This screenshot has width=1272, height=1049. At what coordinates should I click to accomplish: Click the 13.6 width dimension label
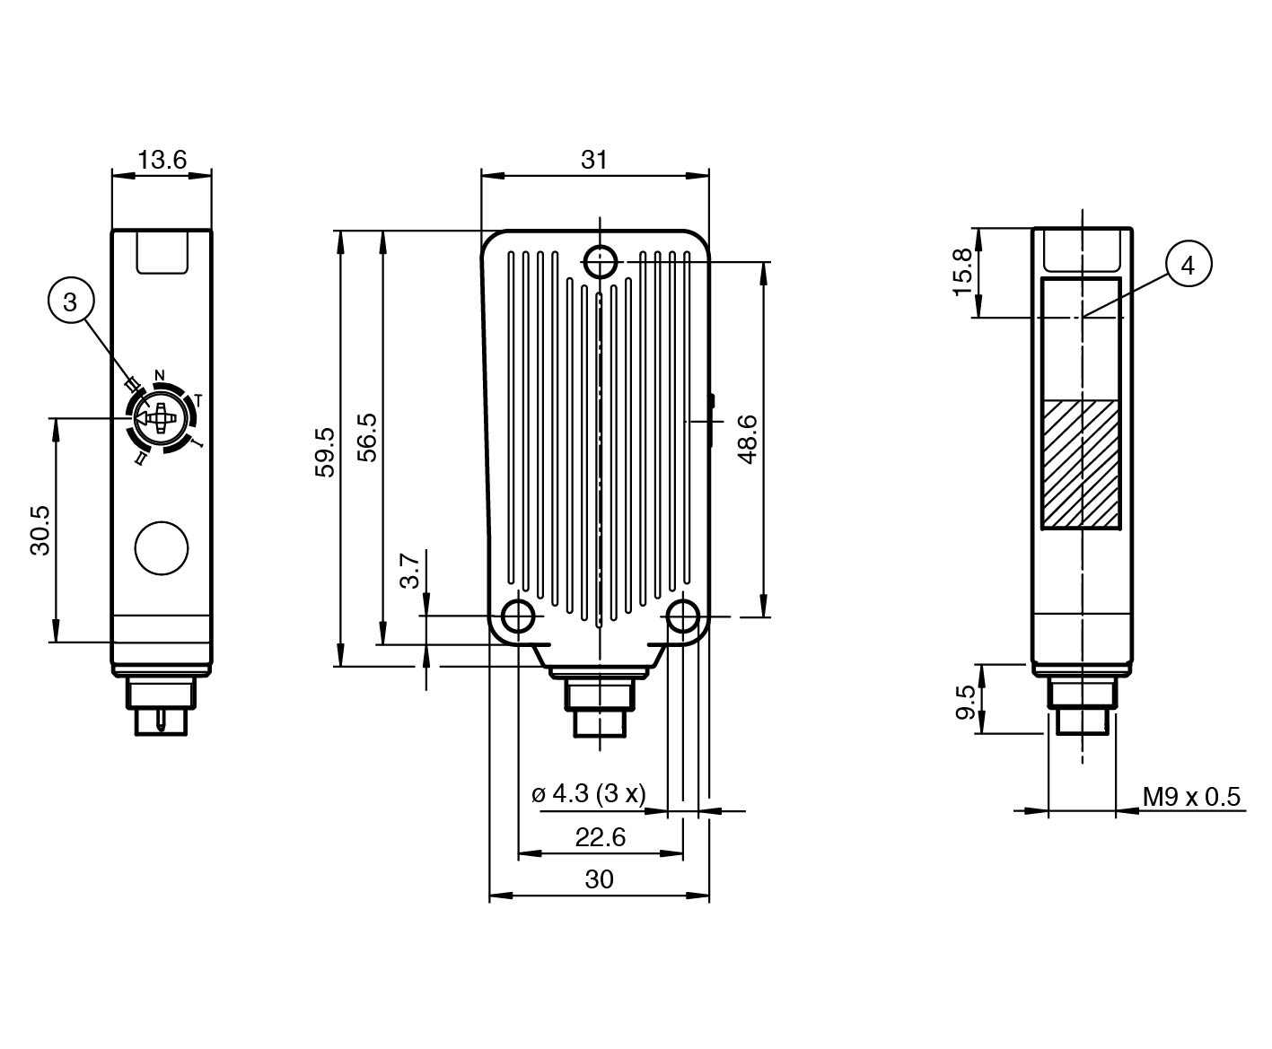tap(162, 160)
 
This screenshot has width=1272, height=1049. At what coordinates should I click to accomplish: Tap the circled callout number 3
tap(71, 302)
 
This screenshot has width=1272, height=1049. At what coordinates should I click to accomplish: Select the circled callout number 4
tap(1189, 265)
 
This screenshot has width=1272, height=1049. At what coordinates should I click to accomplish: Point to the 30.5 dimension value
tap(40, 530)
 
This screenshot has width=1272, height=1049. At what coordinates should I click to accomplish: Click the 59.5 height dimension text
tap(325, 451)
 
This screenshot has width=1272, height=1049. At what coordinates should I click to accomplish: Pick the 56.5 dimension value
tap(367, 437)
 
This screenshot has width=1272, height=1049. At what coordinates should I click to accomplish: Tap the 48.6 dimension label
tap(747, 439)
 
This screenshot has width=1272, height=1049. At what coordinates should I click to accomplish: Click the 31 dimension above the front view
tap(594, 160)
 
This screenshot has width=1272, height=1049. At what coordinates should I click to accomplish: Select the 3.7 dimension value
tap(410, 570)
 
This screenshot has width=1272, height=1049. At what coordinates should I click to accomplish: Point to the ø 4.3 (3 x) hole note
tap(589, 794)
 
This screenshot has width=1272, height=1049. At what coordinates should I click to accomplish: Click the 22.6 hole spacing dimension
tap(600, 837)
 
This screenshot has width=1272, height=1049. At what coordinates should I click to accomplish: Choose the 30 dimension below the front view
tap(599, 879)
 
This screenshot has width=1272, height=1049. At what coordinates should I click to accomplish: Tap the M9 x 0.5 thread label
tap(1191, 797)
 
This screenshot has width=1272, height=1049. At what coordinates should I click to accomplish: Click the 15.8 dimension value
tap(962, 272)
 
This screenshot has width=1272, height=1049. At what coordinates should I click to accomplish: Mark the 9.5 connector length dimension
tap(966, 703)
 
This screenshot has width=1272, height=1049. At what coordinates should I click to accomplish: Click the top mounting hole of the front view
tap(600, 262)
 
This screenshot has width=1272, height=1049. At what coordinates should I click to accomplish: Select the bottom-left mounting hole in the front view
tap(518, 616)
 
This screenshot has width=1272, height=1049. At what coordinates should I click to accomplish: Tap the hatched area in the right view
tap(1082, 464)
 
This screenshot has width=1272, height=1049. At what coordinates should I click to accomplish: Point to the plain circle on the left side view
tap(162, 547)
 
